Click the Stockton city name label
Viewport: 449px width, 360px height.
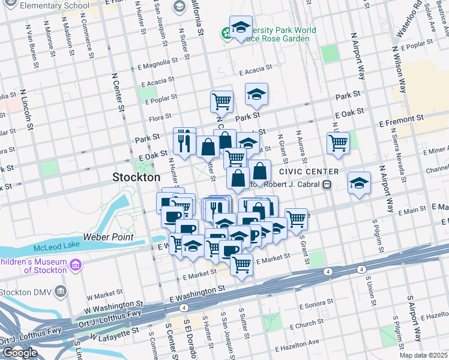[x=137, y=178]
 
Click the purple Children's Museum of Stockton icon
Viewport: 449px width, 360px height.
[x=75, y=265]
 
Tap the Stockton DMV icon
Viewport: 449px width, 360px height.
[x=61, y=292]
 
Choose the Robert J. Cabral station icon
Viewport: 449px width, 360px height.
[x=327, y=185]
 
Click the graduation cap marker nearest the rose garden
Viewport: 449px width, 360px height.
[x=241, y=28]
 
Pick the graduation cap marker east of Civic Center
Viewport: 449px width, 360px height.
[x=359, y=182]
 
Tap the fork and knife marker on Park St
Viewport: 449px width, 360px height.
[x=184, y=140]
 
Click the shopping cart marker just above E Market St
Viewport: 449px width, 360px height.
[x=241, y=263]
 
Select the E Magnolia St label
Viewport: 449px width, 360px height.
[x=158, y=61]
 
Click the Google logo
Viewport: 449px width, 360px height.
[x=20, y=352]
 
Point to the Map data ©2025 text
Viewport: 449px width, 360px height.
[x=423, y=355]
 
